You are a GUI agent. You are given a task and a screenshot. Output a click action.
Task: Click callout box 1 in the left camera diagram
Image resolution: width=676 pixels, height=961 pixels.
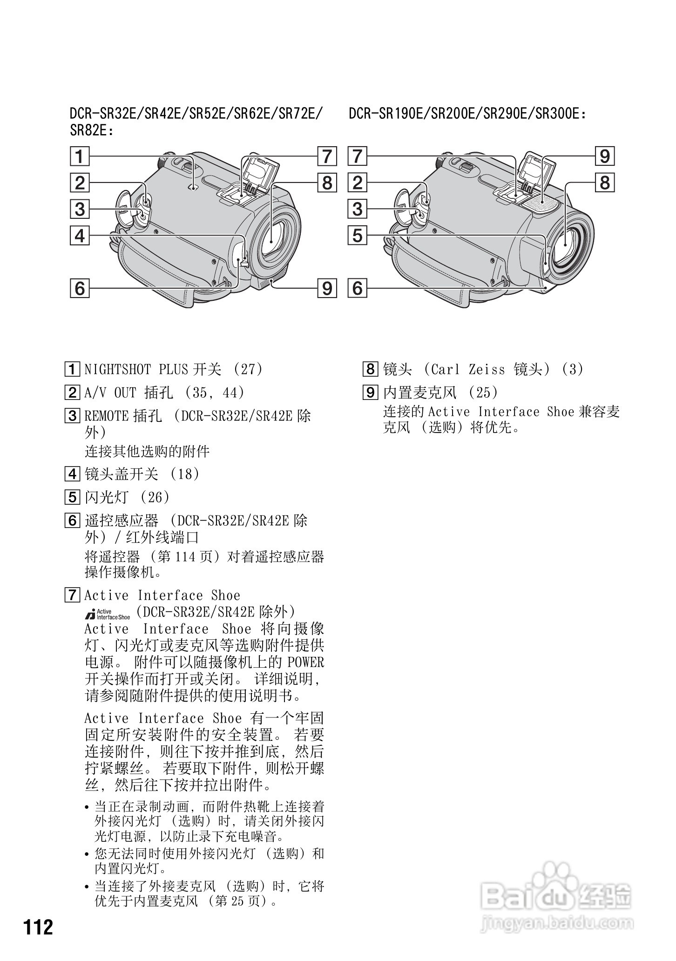coord(80,156)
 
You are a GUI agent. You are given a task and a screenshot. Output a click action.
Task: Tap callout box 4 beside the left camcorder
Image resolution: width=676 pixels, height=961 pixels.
coord(80,236)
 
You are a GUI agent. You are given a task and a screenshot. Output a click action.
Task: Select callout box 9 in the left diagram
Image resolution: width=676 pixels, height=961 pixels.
coord(327,288)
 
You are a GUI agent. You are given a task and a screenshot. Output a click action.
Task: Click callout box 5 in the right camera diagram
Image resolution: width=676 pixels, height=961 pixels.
coord(358,236)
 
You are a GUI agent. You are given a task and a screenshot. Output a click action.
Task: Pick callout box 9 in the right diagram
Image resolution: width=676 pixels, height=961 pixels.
coord(605,156)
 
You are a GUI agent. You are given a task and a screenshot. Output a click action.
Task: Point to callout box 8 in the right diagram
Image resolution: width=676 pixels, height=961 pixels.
coord(605,183)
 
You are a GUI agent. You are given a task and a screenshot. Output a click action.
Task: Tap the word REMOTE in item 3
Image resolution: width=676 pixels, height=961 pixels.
coord(106,416)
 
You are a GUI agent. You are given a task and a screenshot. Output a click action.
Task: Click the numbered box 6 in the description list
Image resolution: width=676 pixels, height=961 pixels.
coord(72,521)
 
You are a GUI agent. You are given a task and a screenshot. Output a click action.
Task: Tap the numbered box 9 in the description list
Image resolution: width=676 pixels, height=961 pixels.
coord(370,393)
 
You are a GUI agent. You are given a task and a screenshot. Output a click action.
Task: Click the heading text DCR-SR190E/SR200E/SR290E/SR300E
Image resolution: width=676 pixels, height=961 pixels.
coord(467,114)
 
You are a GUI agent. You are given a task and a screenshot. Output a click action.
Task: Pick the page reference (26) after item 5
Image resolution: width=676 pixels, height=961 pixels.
coord(155,497)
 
